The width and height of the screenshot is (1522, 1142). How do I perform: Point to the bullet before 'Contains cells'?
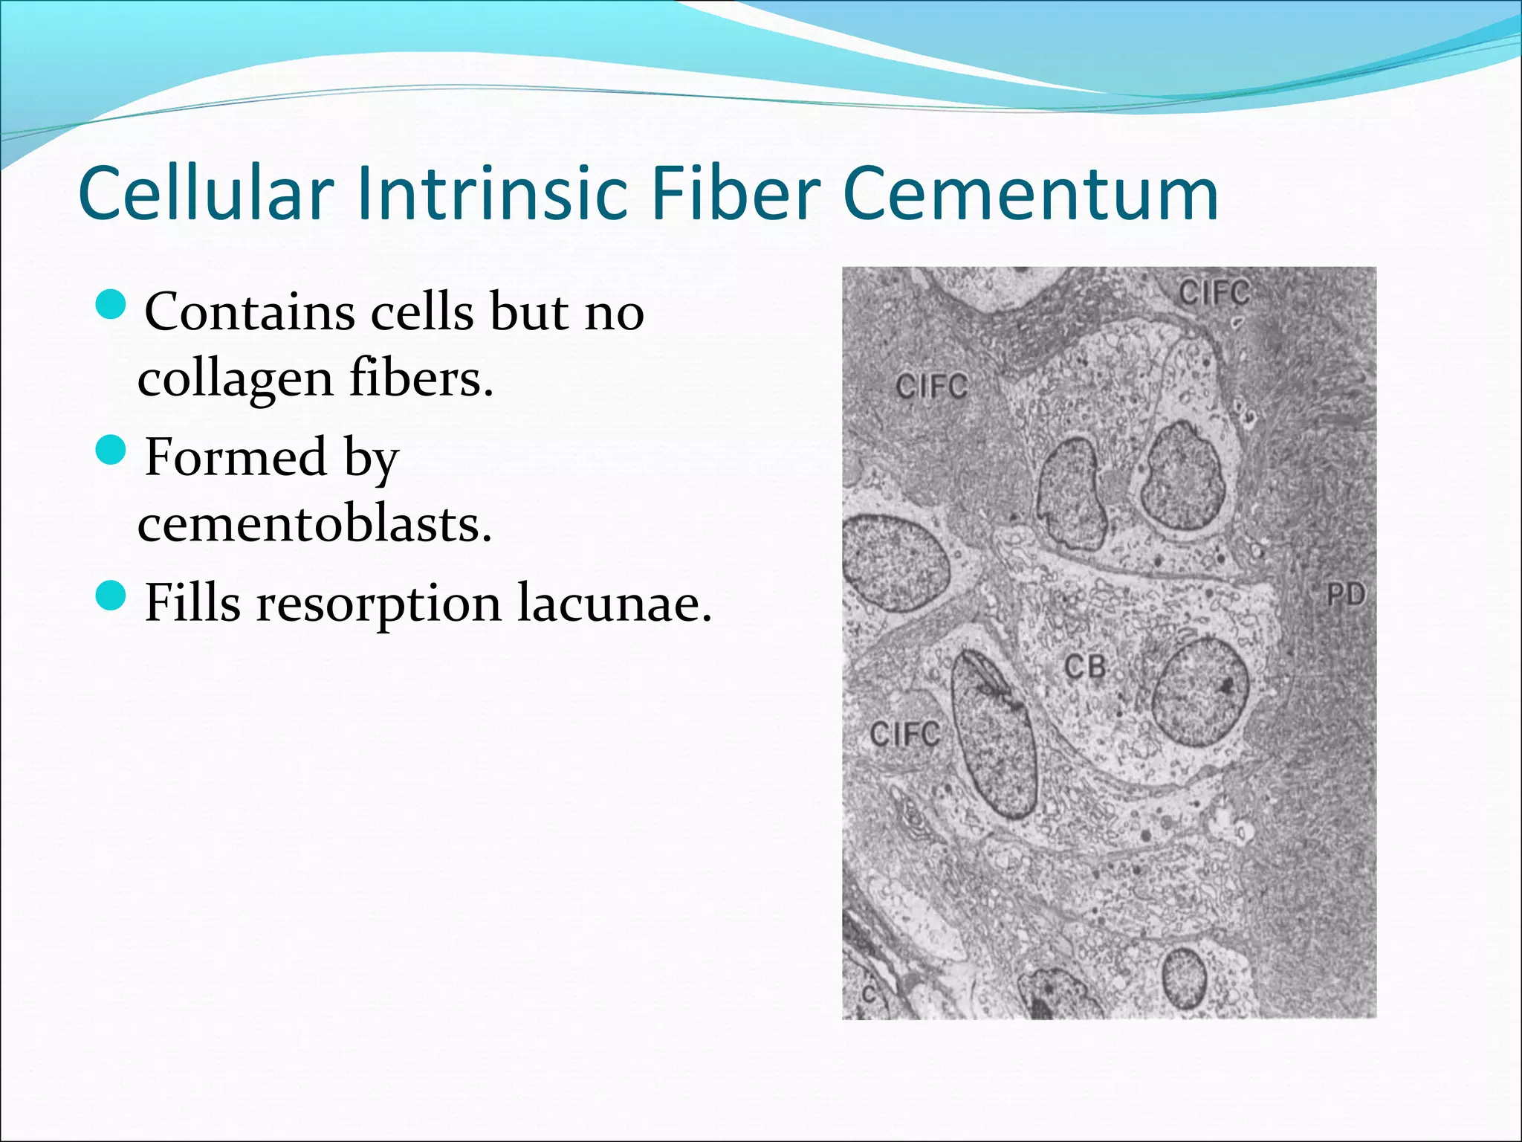pyautogui.click(x=112, y=305)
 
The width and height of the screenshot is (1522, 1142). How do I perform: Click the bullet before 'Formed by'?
pyautogui.click(x=112, y=450)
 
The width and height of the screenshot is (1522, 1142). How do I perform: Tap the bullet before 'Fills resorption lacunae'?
pyautogui.click(x=112, y=596)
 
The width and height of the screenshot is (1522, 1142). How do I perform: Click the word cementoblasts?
pyautogui.click(x=314, y=525)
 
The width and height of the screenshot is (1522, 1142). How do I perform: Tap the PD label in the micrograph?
pyautogui.click(x=1346, y=595)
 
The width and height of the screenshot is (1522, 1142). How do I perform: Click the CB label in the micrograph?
pyautogui.click(x=1085, y=667)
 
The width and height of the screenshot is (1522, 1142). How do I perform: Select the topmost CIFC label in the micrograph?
pyautogui.click(x=1214, y=293)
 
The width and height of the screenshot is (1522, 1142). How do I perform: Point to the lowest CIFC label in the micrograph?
pyautogui.click(x=904, y=735)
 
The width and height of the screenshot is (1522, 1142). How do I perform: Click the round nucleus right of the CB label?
pyautogui.click(x=1200, y=691)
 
